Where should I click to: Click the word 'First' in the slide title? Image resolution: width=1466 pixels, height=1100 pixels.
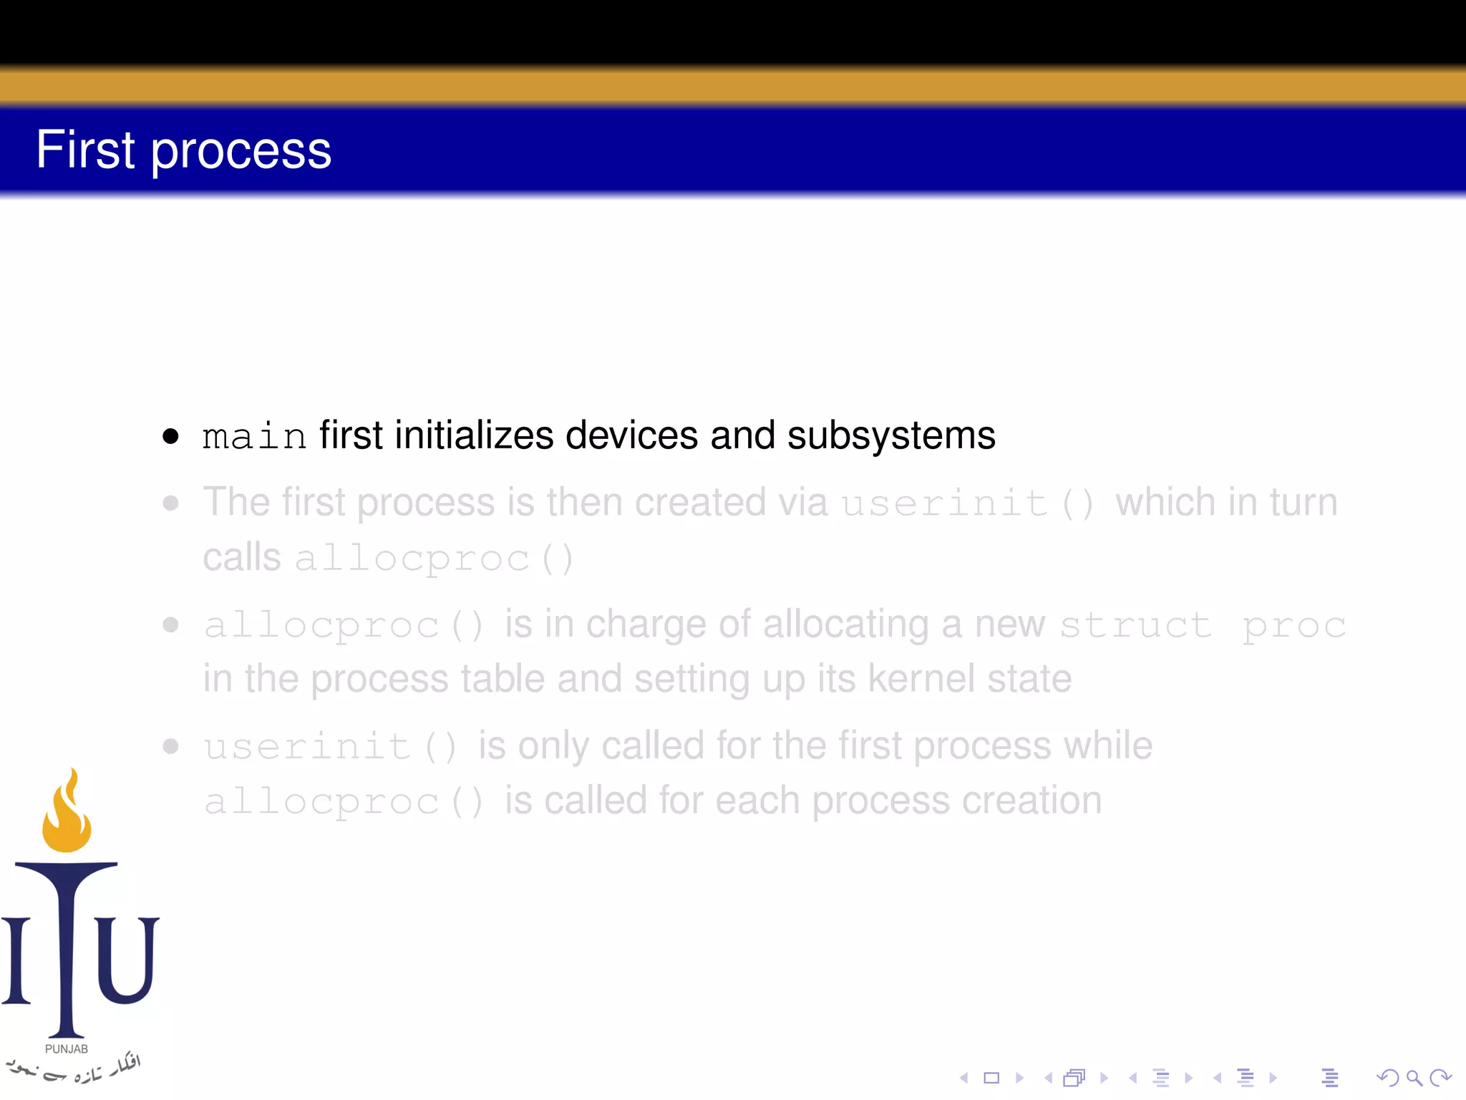[85, 150]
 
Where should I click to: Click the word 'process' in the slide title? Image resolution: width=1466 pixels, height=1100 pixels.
[241, 152]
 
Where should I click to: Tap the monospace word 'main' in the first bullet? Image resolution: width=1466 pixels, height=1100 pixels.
[254, 436]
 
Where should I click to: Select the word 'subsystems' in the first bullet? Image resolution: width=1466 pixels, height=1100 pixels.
[891, 435]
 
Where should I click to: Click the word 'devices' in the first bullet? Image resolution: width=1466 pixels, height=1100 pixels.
[631, 435]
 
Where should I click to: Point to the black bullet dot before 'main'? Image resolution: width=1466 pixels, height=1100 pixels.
[170, 435]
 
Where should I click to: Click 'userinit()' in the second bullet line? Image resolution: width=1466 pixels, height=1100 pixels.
[967, 503]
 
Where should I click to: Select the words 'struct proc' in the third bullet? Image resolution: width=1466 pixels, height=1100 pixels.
[1203, 625]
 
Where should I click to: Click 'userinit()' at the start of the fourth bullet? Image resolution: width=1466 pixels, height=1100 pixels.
[330, 747]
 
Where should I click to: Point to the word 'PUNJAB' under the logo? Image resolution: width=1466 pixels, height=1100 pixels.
[67, 1049]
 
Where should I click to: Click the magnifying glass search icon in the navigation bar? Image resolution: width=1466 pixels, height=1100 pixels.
[1414, 1078]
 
